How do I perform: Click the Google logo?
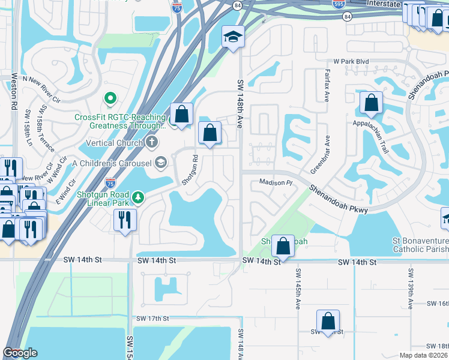[20, 353]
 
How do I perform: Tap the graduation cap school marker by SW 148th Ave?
[233, 38]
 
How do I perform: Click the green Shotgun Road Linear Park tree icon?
[138, 197]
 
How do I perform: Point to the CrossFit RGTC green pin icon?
[110, 97]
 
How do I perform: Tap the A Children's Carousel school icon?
[160, 161]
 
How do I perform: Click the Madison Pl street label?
[275, 182]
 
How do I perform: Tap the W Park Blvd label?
[351, 62]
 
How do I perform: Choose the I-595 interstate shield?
[338, 4]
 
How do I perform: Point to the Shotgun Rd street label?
[194, 170]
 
